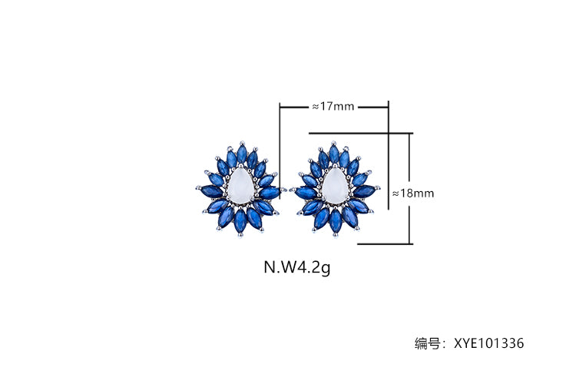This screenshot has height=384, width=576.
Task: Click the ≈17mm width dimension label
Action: coord(333,107)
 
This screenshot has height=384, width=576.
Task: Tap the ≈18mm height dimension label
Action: coord(413,194)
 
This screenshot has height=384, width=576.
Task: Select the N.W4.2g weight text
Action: coord(296,267)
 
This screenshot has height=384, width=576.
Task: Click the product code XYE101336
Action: coord(488,343)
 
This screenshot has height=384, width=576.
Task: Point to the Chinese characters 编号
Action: coord(427,343)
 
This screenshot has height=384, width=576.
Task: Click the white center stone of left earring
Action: coord(240,186)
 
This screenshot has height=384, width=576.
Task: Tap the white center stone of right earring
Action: coord(335,186)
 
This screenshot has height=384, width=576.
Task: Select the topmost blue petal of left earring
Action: coord(242,154)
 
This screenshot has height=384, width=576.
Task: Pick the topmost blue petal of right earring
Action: coord(334,154)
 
